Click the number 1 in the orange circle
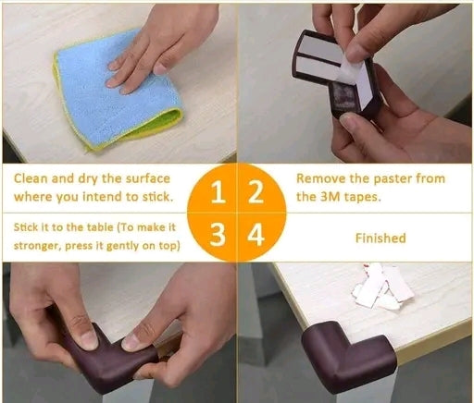pyautogui.click(x=218, y=191)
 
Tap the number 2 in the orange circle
pyautogui.click(x=256, y=191)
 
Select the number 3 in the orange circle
pyautogui.click(x=218, y=235)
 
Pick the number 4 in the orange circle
pyautogui.click(x=256, y=235)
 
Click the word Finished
pyautogui.click(x=380, y=238)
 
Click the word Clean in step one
pyautogui.click(x=31, y=178)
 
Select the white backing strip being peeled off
pyautogui.click(x=358, y=79)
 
